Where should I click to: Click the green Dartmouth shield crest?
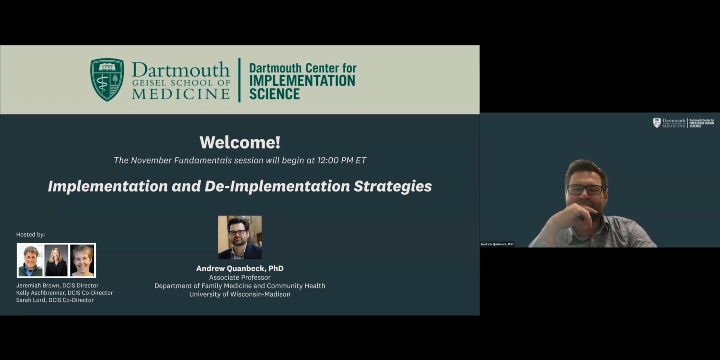click(107, 80)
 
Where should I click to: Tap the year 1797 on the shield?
click(107, 67)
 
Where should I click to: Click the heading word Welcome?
click(240, 142)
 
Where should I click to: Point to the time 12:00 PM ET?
click(342, 160)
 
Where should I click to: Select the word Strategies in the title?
click(393, 186)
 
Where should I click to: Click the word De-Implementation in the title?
click(277, 186)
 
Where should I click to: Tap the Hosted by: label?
click(31, 235)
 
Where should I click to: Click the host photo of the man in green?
click(30, 260)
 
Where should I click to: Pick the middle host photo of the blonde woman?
click(56, 260)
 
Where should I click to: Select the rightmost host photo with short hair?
click(82, 260)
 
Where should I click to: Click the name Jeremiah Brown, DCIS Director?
click(57, 285)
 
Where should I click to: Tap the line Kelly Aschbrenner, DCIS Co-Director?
click(64, 293)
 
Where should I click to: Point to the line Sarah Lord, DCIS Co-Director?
click(55, 300)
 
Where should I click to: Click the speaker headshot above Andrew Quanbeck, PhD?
click(240, 237)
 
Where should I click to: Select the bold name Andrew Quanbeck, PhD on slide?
click(240, 268)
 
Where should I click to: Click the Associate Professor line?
click(240, 277)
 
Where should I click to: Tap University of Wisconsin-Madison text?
click(240, 294)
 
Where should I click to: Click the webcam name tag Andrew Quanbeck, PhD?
click(497, 244)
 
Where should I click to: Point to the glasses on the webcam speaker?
click(585, 190)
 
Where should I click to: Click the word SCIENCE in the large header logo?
click(274, 94)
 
